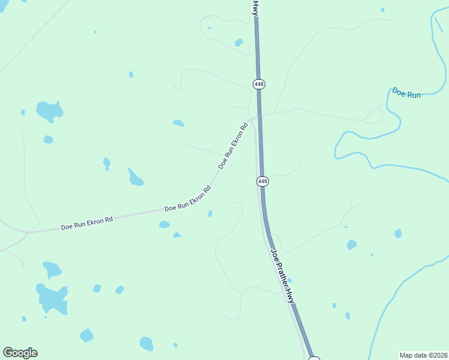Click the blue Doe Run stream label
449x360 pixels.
406,94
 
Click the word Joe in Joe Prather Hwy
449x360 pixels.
274,254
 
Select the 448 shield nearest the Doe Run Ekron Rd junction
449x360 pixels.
259,84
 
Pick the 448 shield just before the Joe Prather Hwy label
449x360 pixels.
262,181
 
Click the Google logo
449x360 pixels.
20,353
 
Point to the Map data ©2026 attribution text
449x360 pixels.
424,355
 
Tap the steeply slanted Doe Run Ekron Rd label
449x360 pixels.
233,146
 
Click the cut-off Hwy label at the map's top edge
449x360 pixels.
255,7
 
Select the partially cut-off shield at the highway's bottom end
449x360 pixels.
314,358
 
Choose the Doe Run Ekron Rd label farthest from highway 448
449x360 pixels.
87,224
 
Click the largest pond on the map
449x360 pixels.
52,298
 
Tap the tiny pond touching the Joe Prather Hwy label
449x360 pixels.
289,280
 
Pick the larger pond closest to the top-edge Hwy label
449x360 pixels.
239,42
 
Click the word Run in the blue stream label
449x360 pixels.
414,95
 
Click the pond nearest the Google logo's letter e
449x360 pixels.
86,335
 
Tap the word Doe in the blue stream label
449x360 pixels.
398,92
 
